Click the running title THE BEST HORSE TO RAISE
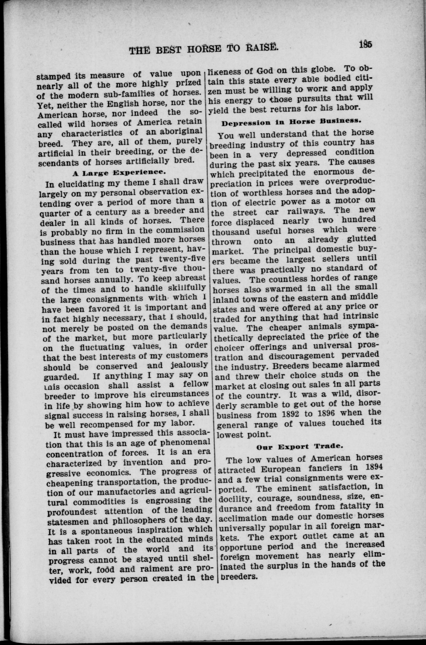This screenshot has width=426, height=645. pyautogui.click(x=204, y=49)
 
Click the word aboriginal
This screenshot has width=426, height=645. pyautogui.click(x=181, y=132)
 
